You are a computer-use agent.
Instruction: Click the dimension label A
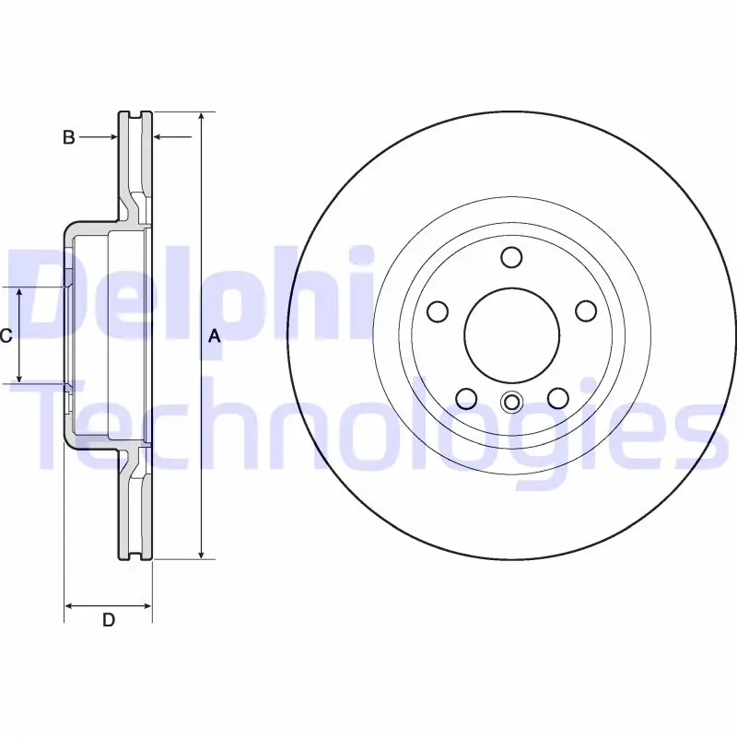coord(215,336)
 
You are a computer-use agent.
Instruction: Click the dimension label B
coord(68,137)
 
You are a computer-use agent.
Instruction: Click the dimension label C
coord(6,335)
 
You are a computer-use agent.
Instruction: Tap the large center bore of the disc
coord(512,335)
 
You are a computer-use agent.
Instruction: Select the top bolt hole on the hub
coord(511,257)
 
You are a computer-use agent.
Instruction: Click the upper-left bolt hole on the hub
coord(438,311)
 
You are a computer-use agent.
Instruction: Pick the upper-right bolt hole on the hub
coord(586,311)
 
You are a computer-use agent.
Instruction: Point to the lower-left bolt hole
coord(466,398)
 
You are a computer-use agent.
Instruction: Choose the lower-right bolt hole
coord(558,398)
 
